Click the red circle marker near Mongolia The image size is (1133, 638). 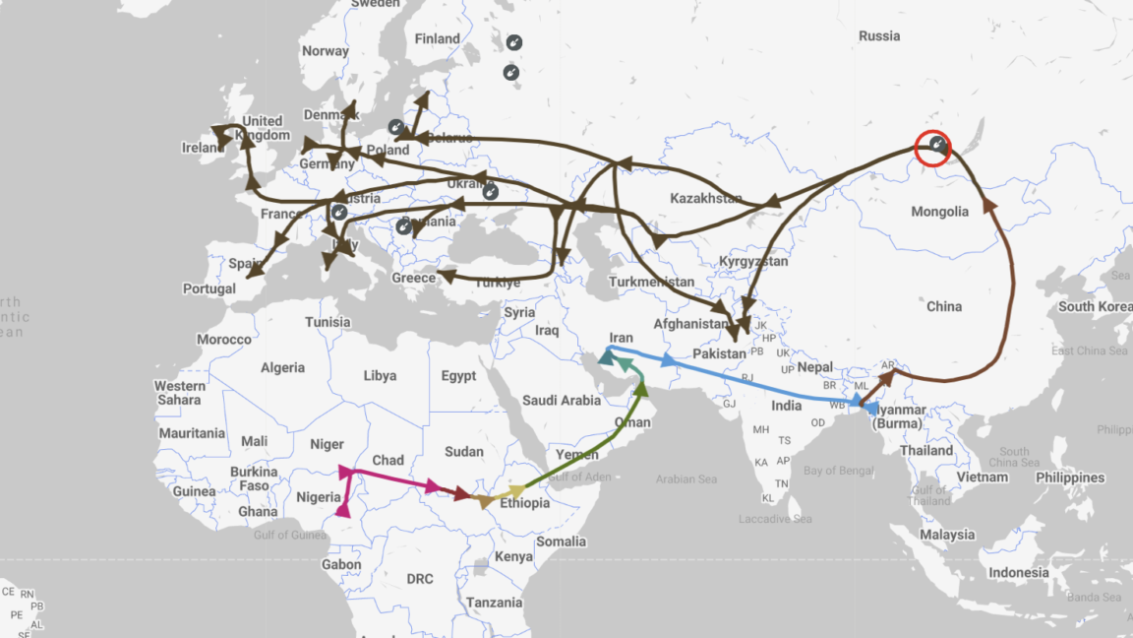click(x=933, y=149)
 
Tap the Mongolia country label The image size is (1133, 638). click(x=939, y=211)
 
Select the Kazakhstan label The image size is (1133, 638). click(x=705, y=199)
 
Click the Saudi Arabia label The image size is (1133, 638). click(x=561, y=400)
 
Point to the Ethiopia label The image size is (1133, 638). click(x=524, y=503)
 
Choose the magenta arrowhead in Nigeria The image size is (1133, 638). click(x=343, y=508)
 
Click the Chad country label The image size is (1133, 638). click(x=388, y=460)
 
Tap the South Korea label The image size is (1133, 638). click(x=1090, y=306)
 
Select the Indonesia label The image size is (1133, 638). click(x=1019, y=572)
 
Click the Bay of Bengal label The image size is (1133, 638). click(x=839, y=471)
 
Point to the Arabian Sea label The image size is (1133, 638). click(x=686, y=479)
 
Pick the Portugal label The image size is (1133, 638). click(x=209, y=288)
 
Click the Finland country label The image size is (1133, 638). click(x=437, y=39)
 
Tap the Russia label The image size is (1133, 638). click(x=878, y=36)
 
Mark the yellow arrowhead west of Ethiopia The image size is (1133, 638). click(x=515, y=491)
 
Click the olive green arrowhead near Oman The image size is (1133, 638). click(x=641, y=390)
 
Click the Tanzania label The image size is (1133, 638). click(x=495, y=603)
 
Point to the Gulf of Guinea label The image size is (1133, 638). click(x=289, y=535)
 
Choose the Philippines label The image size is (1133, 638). click(x=1069, y=478)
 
